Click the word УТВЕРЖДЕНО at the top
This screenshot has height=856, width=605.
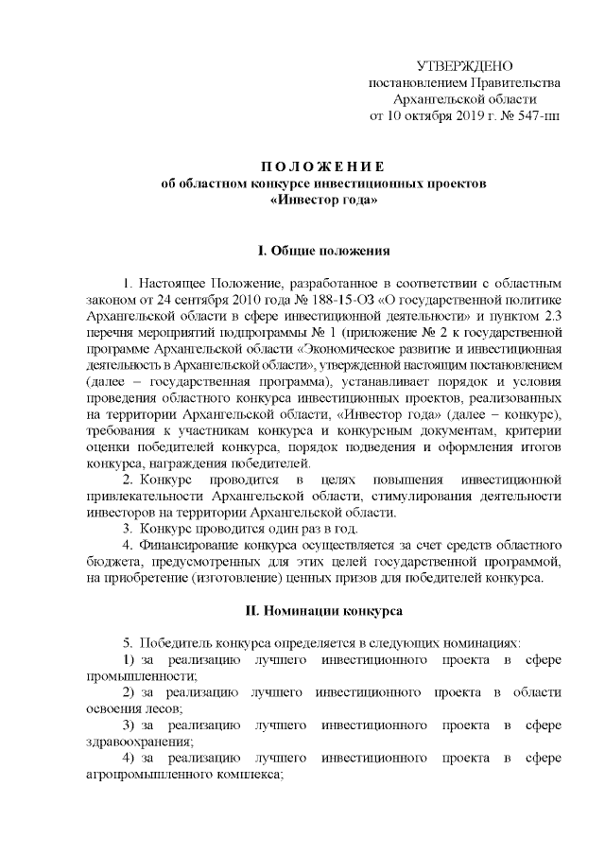click(x=464, y=65)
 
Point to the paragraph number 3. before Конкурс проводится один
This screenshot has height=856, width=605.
click(x=129, y=529)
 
